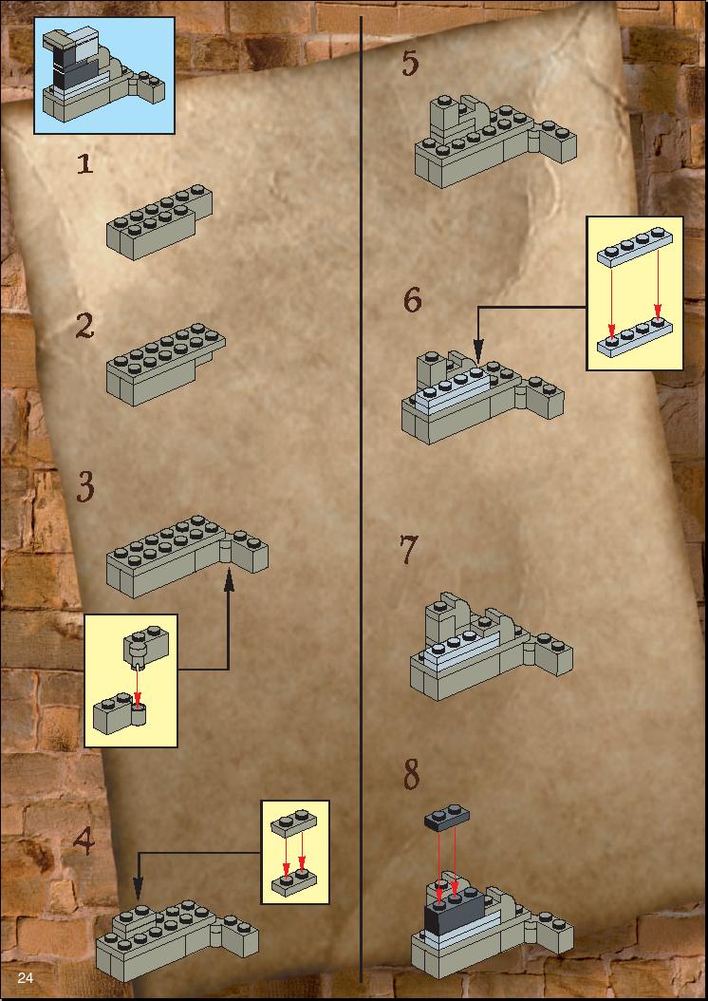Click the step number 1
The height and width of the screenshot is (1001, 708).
[84, 163]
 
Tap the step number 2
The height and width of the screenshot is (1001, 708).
[84, 326]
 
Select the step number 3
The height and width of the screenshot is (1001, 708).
[85, 487]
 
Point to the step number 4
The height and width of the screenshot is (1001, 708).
[84, 840]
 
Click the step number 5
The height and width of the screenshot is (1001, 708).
[411, 64]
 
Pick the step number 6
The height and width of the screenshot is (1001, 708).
[413, 299]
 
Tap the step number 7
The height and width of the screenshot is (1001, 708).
[409, 550]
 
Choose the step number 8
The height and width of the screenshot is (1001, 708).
[411, 775]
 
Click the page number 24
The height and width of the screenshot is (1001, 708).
[26, 978]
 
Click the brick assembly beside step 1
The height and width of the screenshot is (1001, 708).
[159, 221]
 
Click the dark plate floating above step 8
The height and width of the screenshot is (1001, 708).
[447, 817]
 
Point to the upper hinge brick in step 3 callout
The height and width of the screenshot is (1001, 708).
[146, 644]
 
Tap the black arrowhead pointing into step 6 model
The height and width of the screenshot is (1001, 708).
[477, 354]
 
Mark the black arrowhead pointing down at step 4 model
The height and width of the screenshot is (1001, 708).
[138, 889]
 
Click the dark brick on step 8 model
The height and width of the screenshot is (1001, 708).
[454, 914]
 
